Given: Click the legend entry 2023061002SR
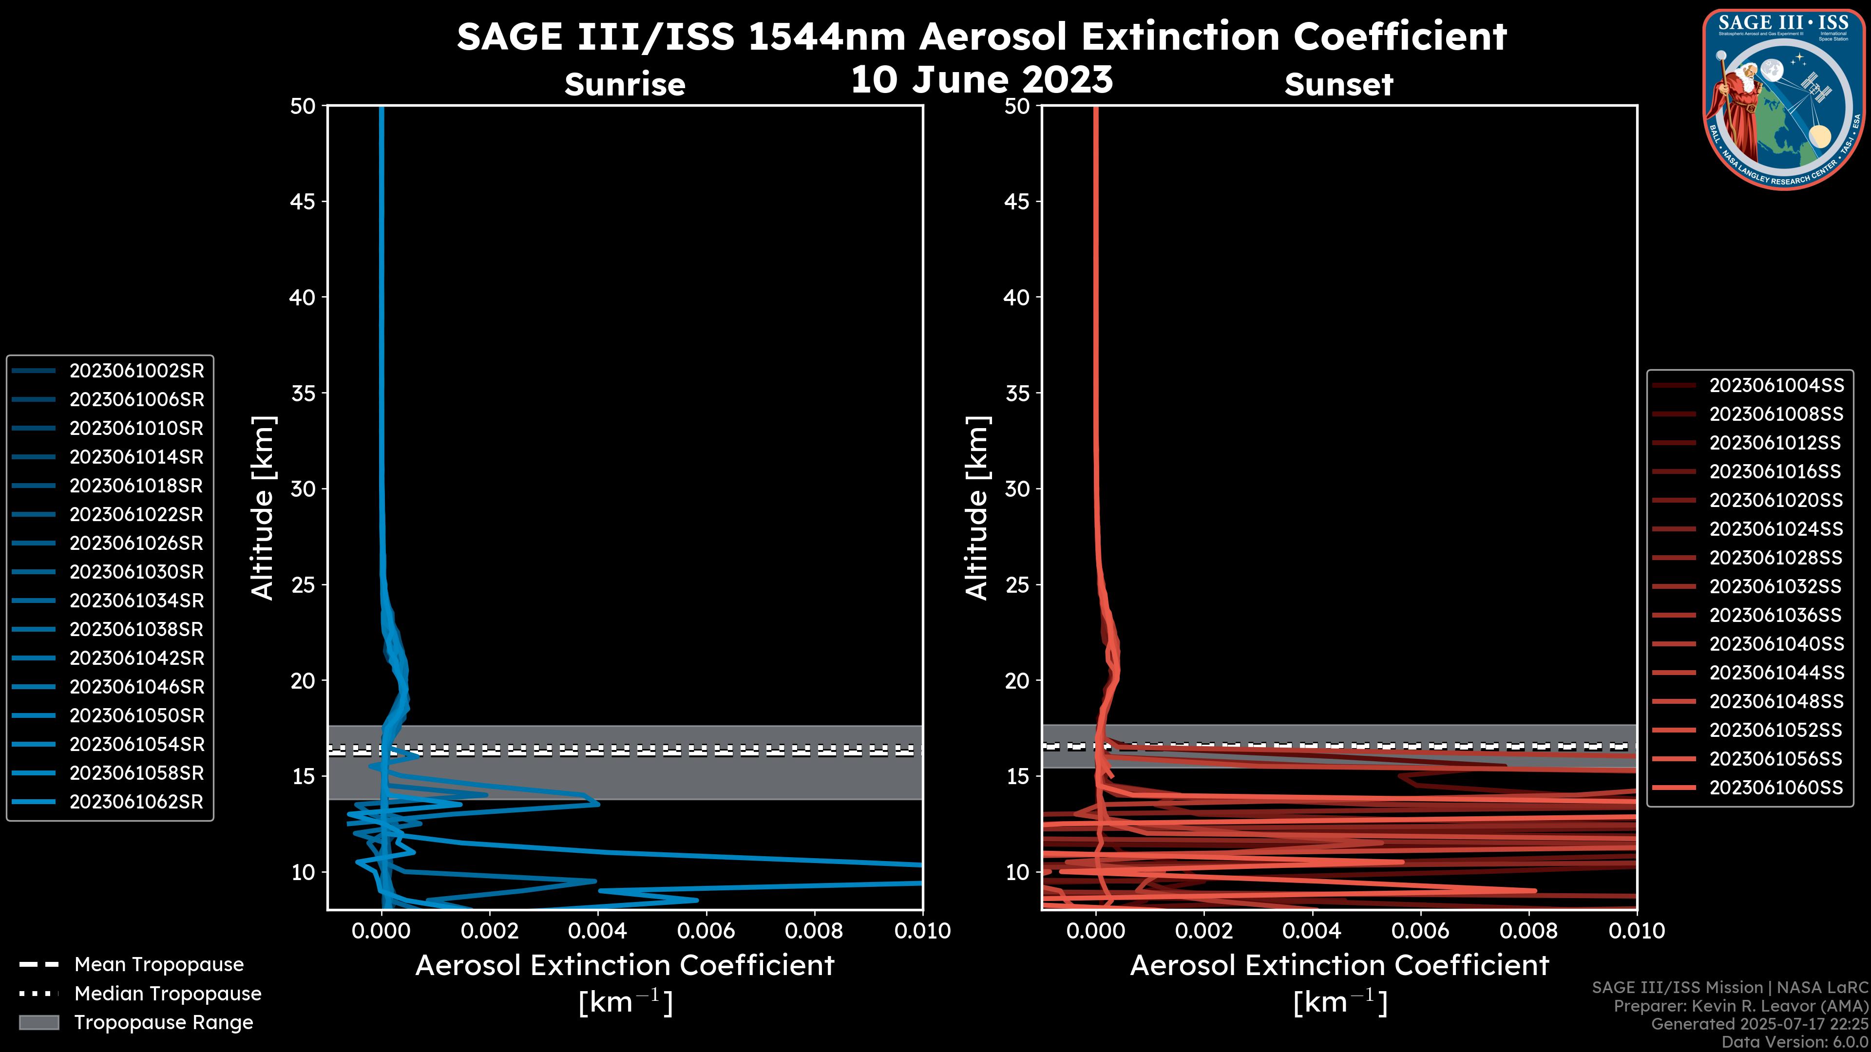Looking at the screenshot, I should point(136,371).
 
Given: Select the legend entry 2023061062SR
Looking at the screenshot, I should point(136,802).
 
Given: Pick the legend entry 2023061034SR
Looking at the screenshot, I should point(136,601).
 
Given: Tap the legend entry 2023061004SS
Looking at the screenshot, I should point(1776,386).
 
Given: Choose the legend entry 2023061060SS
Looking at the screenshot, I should point(1776,788).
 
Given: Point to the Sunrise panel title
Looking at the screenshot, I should point(625,85).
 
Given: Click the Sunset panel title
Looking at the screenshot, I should point(1338,85).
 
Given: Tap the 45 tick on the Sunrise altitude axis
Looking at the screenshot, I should point(304,202).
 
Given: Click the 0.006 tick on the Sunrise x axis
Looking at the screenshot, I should point(706,931).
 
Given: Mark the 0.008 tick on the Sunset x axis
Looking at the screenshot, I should point(1529,931).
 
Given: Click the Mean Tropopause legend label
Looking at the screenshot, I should point(159,965).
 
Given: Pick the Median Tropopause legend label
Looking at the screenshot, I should point(168,994).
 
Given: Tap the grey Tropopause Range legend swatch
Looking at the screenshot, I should point(38,1023).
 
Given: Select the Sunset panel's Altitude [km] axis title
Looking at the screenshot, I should point(977,508).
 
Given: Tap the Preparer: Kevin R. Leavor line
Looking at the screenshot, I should point(1740,1006).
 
